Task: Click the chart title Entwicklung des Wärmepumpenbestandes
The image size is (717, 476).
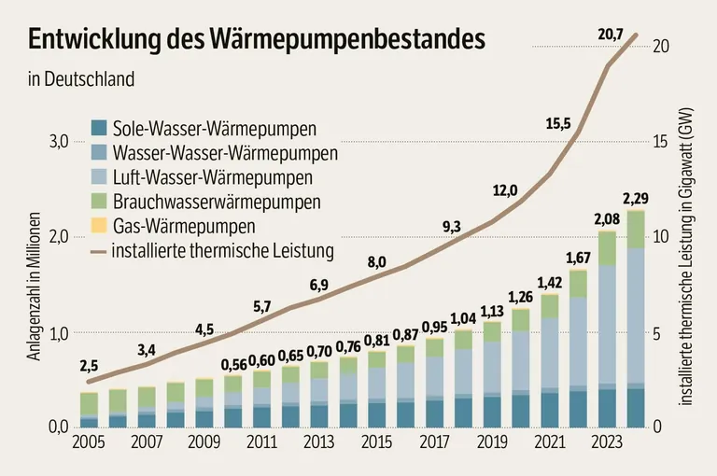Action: pyautogui.click(x=257, y=38)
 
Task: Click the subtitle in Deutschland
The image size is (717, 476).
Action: pyautogui.click(x=81, y=78)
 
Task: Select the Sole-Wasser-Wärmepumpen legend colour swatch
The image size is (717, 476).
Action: pyautogui.click(x=98, y=128)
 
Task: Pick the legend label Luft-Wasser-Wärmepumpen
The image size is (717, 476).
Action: pyautogui.click(x=212, y=176)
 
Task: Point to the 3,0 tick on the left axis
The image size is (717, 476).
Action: pyautogui.click(x=58, y=141)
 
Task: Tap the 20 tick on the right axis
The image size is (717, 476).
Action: pyautogui.click(x=661, y=46)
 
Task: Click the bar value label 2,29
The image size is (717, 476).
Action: pyautogui.click(x=636, y=198)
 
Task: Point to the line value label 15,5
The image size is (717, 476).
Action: pyautogui.click(x=558, y=122)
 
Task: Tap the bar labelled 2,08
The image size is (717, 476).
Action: pyautogui.click(x=607, y=327)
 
